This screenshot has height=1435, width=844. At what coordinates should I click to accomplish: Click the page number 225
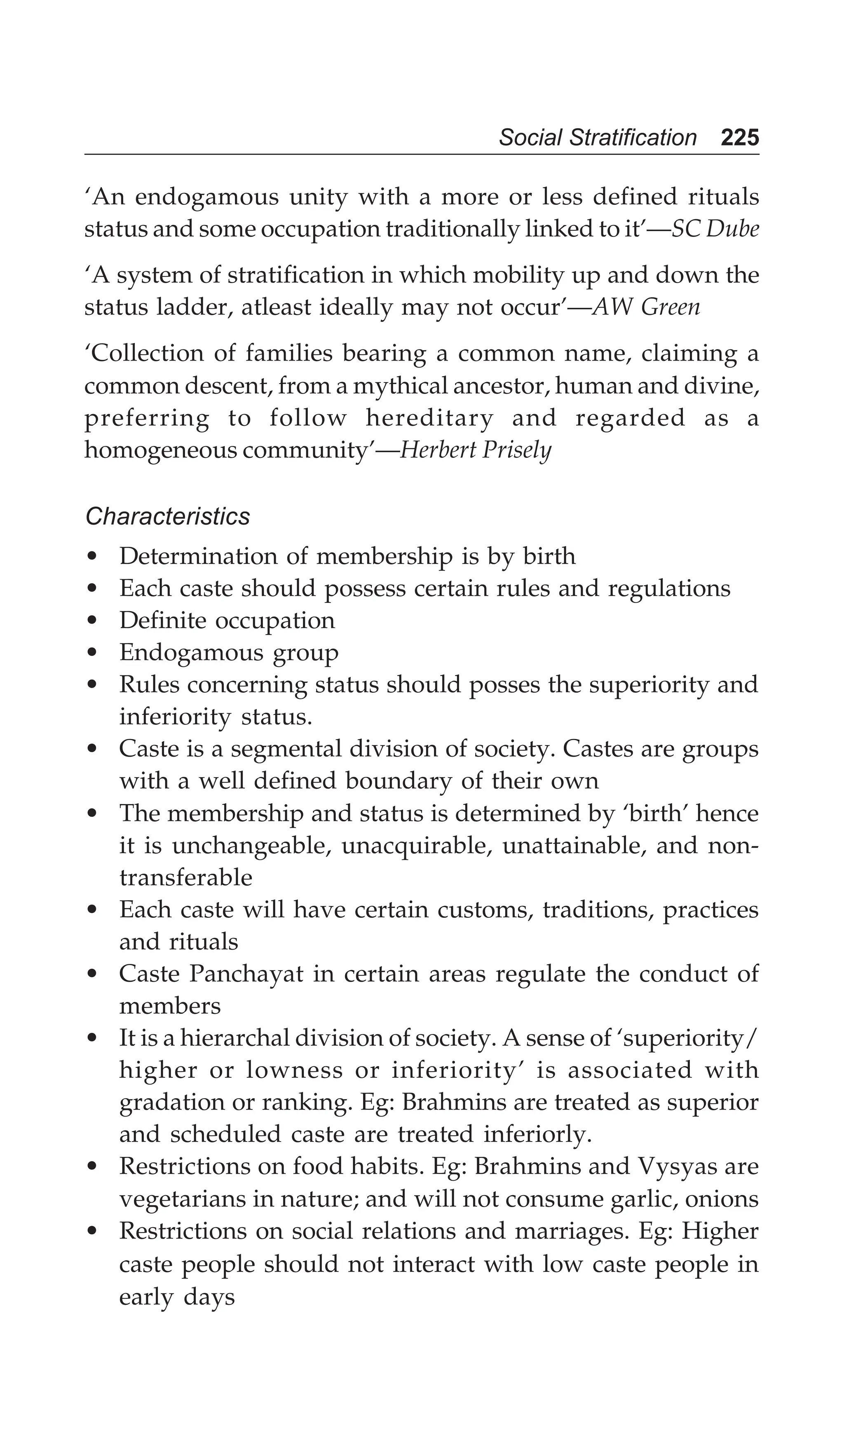739,138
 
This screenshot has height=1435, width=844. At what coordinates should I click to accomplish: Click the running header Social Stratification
598,138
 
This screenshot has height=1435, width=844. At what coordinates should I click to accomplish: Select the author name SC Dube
715,229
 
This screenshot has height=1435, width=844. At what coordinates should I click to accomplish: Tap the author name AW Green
646,307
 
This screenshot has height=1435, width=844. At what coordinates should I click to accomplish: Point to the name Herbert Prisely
476,450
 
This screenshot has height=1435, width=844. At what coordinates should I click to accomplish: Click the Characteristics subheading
167,516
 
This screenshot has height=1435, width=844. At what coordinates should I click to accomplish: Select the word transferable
186,877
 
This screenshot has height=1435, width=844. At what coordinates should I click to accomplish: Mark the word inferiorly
538,1134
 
